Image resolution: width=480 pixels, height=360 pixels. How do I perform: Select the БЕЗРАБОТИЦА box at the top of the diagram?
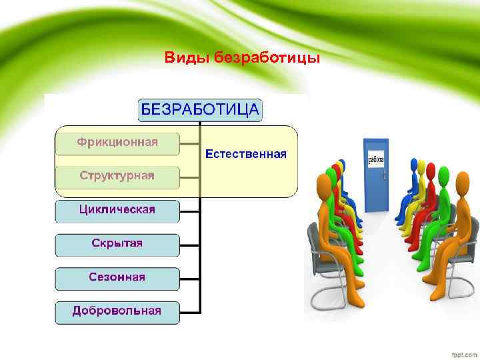[200, 110]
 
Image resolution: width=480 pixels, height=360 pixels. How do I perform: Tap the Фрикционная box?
[117, 143]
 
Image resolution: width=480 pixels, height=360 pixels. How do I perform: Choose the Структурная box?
[117, 177]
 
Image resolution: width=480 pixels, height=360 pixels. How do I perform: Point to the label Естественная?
[246, 155]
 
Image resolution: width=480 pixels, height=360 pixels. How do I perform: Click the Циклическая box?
[117, 211]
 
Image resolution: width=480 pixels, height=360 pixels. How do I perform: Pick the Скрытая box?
[117, 244]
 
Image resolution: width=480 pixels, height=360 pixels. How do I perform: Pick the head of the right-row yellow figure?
[421, 165]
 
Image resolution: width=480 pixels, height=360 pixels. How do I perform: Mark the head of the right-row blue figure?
[414, 163]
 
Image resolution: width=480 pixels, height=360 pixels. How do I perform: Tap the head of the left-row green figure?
[329, 175]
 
